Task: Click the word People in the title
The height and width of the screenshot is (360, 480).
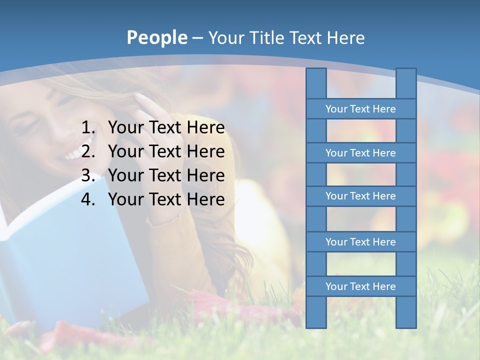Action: coord(156,37)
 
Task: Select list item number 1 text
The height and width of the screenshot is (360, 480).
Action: coord(166,128)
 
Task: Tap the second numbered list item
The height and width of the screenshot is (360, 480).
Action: coord(166,151)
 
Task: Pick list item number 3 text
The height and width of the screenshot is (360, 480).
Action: coord(166,175)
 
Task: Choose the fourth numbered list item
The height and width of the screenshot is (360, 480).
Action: coord(166,199)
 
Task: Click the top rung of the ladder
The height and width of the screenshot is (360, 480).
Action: coord(360,109)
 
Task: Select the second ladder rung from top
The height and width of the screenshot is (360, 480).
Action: coord(360,153)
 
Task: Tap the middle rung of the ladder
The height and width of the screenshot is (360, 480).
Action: coord(360,196)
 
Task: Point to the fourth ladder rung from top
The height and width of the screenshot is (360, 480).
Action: coord(360,242)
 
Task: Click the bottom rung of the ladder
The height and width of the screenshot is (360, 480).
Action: coord(360,286)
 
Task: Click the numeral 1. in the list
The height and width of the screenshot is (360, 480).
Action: coord(88,128)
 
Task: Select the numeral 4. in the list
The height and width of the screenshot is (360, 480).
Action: coord(88,199)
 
